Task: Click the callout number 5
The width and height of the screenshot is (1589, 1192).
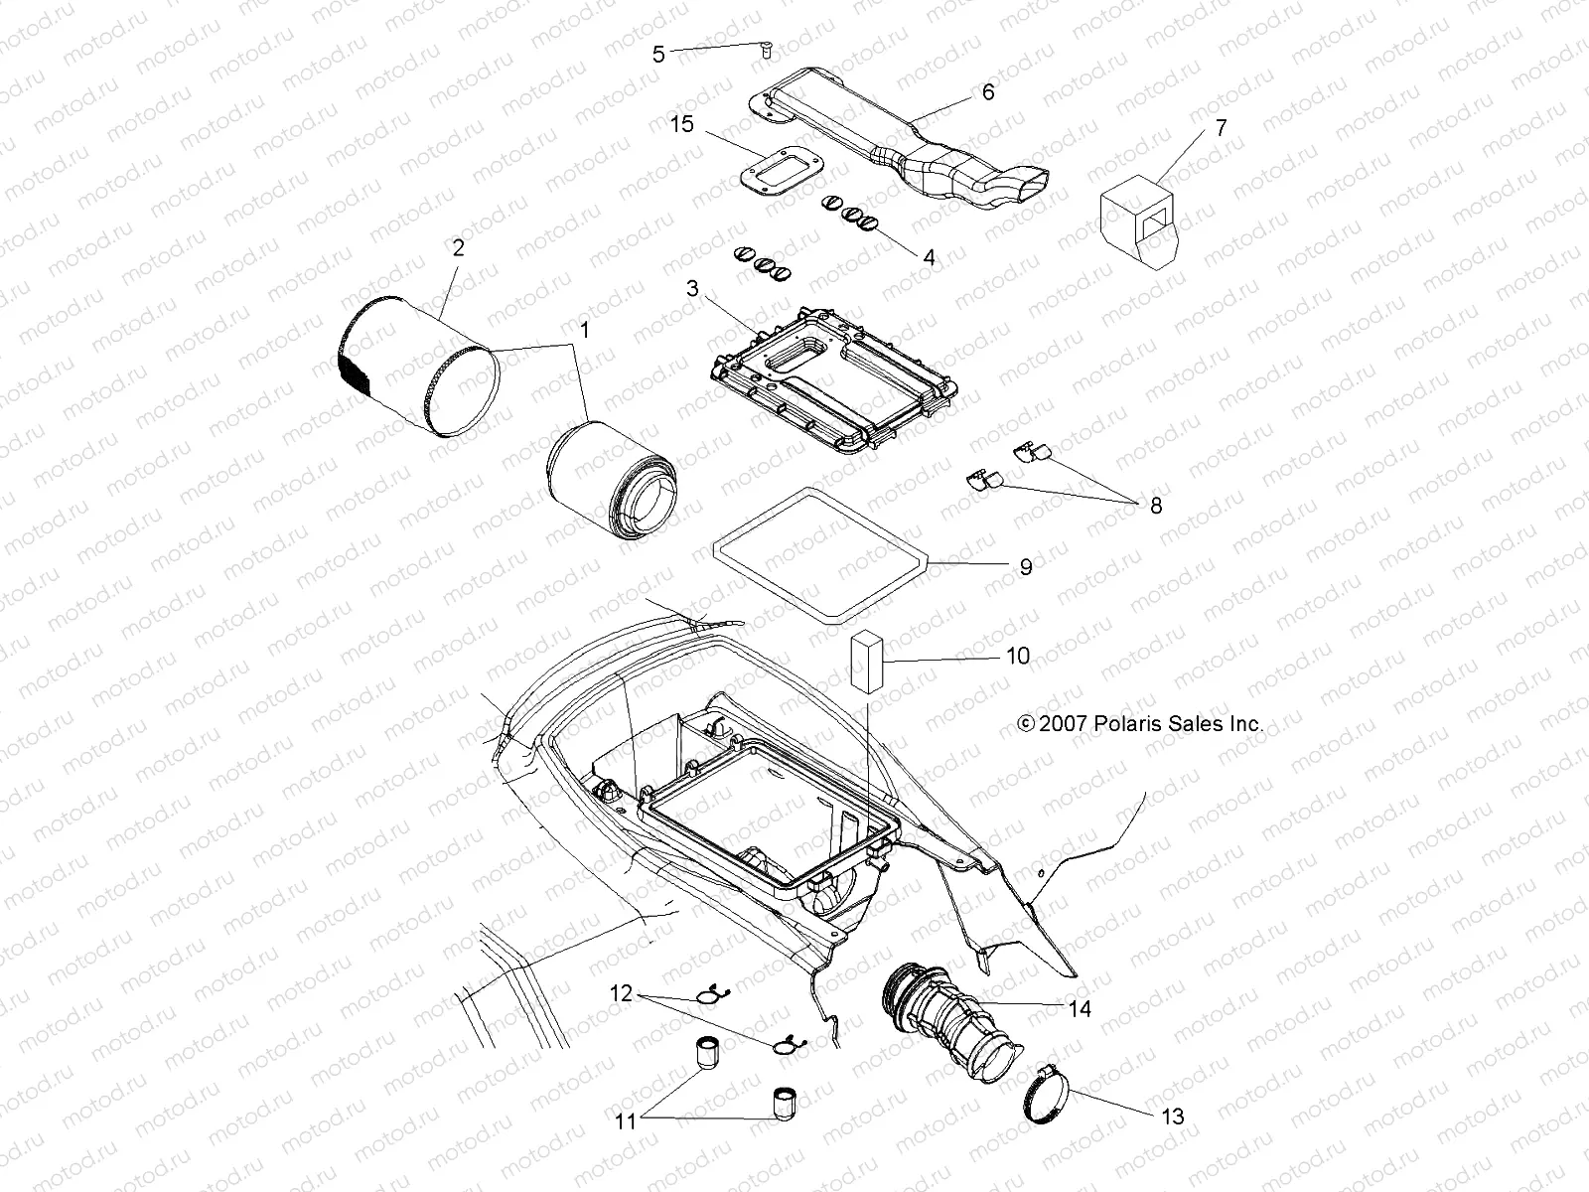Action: coord(658,54)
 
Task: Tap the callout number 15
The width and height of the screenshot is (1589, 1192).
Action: coord(681,124)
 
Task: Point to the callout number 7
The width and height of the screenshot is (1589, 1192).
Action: coord(1221,127)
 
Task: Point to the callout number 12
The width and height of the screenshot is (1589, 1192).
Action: coord(621,992)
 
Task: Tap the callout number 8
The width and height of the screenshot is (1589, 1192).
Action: coord(1155,506)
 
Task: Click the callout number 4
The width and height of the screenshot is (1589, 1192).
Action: coord(929,257)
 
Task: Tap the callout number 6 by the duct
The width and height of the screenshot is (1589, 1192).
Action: coord(987,91)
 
